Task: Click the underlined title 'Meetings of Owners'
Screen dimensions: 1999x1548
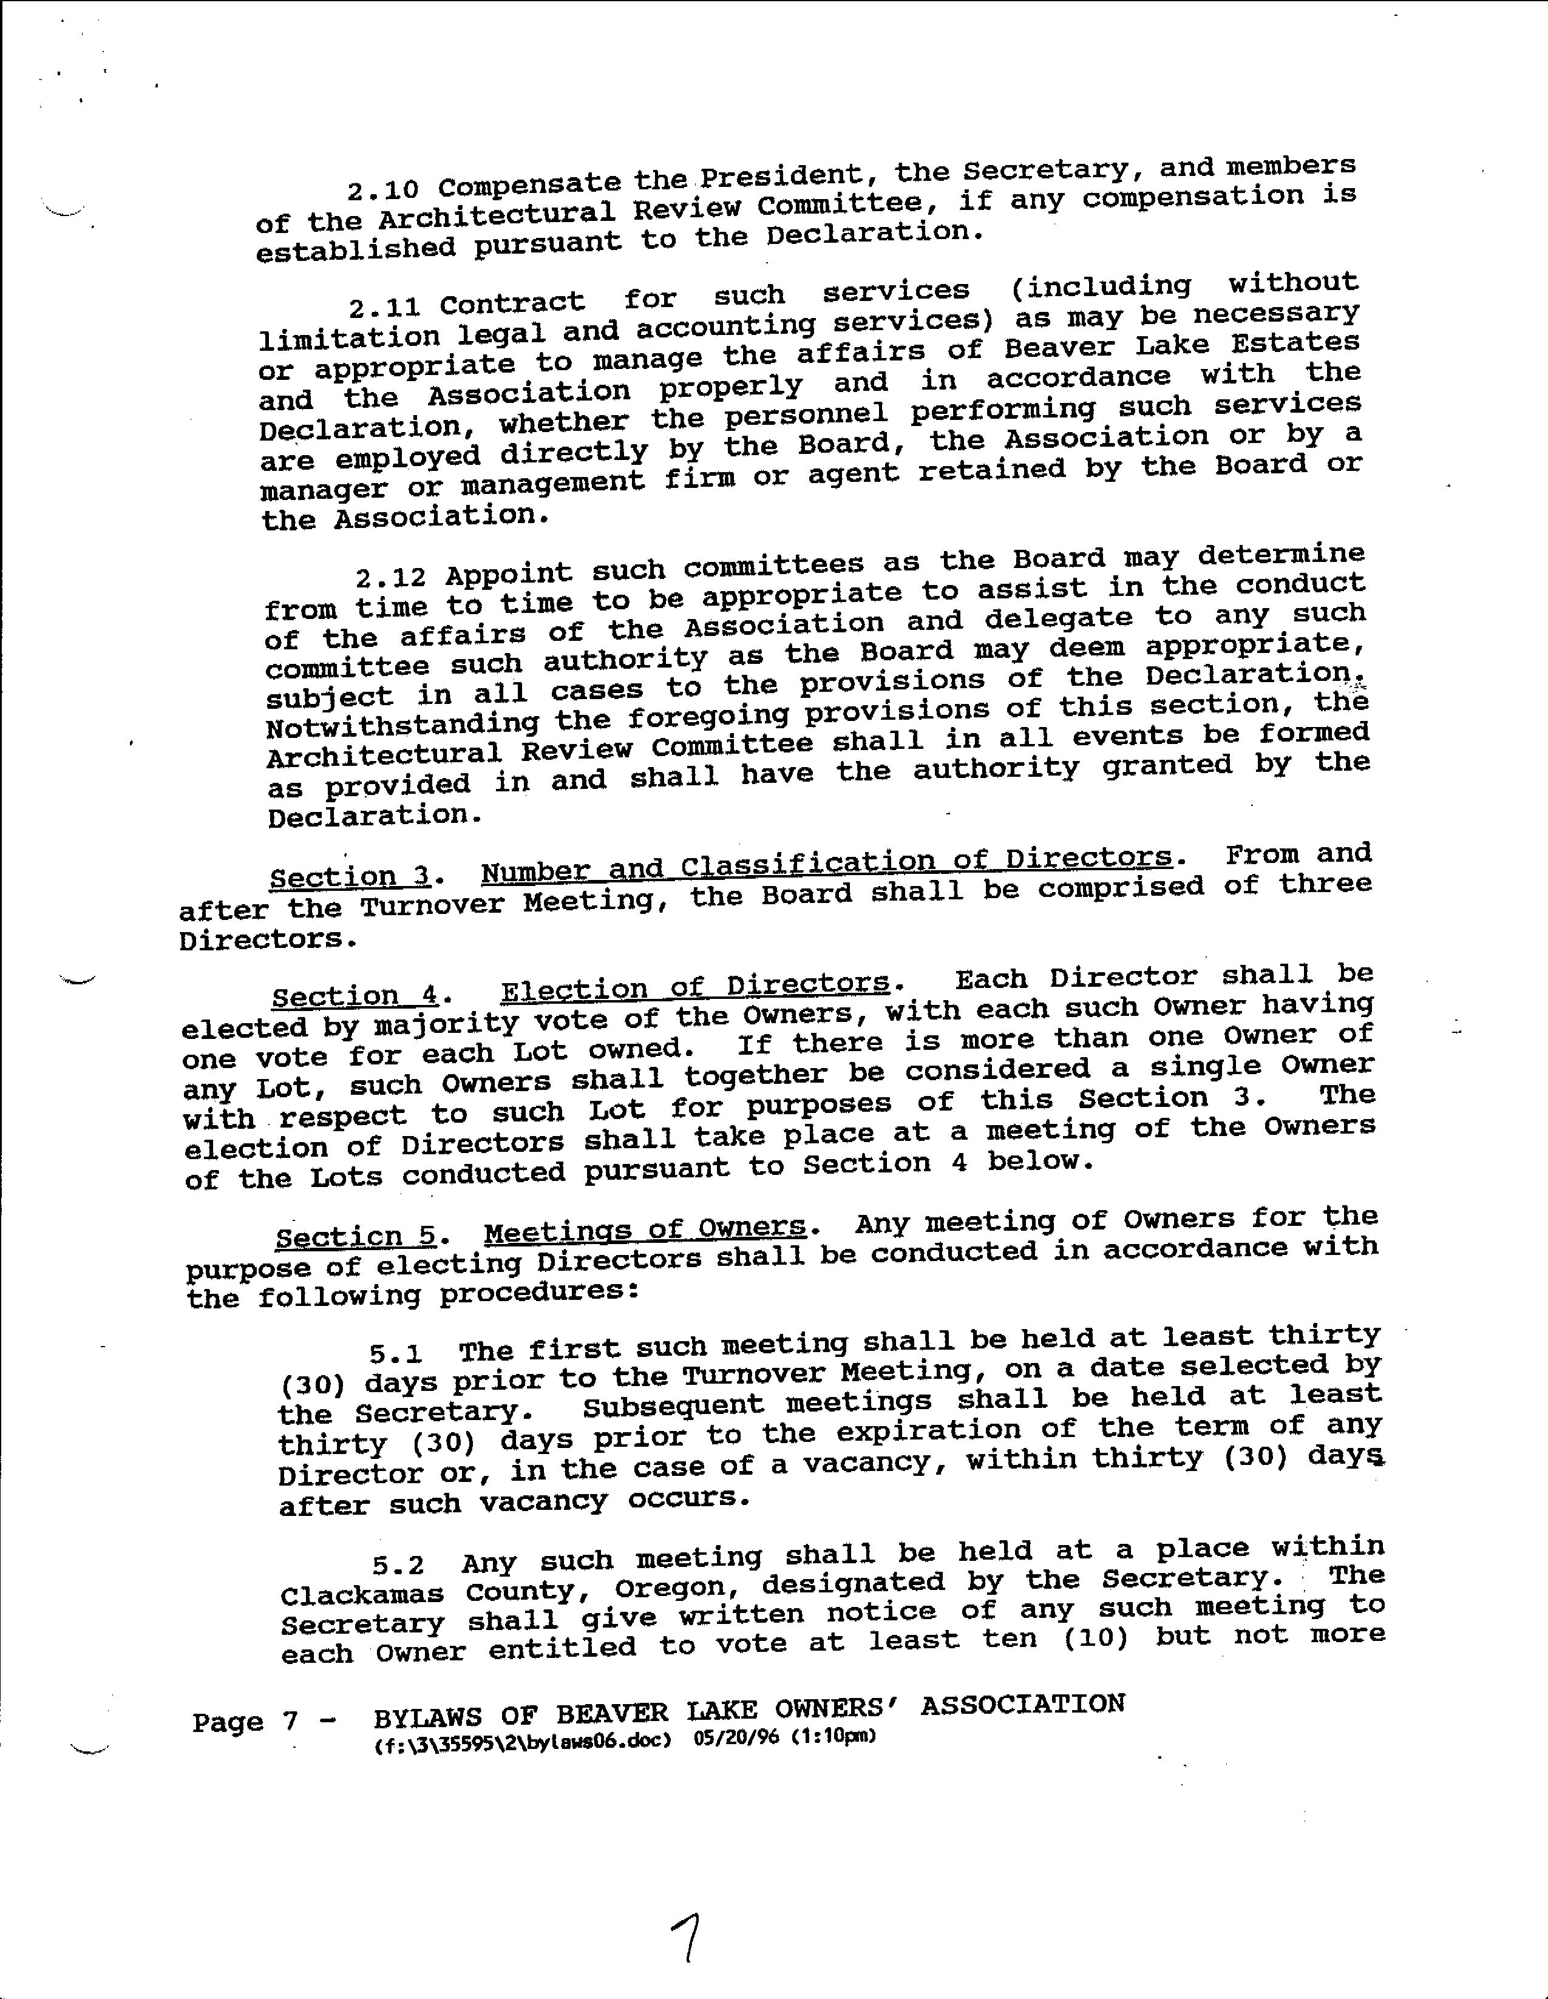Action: (x=645, y=1230)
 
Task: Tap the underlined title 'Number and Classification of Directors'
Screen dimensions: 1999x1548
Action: (x=826, y=863)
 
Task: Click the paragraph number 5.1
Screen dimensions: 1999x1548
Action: (x=395, y=1353)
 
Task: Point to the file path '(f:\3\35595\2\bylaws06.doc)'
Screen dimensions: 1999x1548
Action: (x=524, y=1742)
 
